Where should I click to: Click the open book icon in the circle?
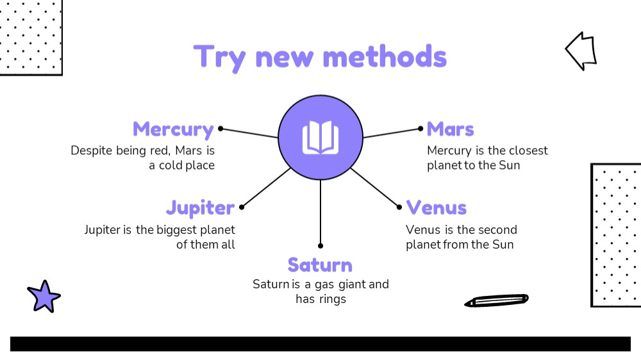[x=320, y=137]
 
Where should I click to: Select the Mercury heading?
[x=173, y=130]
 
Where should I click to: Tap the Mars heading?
[x=450, y=129]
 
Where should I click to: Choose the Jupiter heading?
[x=200, y=208]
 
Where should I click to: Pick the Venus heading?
[x=436, y=208]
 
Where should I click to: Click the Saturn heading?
[x=320, y=265]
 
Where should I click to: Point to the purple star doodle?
[x=44, y=297]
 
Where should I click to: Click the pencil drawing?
[x=496, y=300]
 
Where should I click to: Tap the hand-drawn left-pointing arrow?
[x=581, y=51]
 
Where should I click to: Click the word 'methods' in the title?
[x=385, y=57]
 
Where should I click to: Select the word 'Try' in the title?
[x=219, y=58]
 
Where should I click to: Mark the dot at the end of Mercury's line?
[x=221, y=129]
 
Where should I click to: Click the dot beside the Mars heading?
[x=420, y=129]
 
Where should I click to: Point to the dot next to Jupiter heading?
[x=242, y=207]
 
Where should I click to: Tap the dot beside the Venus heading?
[x=399, y=207]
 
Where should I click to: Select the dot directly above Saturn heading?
[x=320, y=245]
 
